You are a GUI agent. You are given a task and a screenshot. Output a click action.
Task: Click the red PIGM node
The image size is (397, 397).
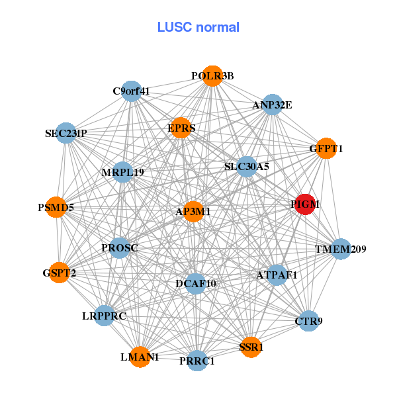pos(304,204)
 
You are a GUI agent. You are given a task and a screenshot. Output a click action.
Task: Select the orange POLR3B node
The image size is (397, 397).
pos(212,76)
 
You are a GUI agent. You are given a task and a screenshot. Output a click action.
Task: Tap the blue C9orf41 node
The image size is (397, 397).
pos(132,91)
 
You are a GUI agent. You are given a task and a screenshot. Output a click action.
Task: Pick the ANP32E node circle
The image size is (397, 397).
pos(273,105)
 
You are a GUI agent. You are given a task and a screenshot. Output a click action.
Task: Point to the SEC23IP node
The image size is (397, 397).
pos(66,133)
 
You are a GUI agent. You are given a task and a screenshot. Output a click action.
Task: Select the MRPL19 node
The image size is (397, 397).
pos(123,173)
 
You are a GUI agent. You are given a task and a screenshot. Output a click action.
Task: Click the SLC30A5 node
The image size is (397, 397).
pos(246,167)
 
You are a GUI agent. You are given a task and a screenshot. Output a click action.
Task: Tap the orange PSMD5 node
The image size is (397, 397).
pos(56,208)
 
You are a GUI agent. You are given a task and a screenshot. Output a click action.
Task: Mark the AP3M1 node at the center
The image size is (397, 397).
pos(193,212)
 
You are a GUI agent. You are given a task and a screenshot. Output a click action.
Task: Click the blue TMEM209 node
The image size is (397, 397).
pos(340,249)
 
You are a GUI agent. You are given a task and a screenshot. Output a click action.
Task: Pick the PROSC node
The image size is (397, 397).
pos(120,248)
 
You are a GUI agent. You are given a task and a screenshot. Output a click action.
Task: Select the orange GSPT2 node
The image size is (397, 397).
pos(60,273)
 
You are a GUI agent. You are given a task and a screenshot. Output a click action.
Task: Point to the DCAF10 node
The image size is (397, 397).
pos(195,284)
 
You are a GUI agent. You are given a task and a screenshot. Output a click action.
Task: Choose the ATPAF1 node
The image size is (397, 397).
pos(276,275)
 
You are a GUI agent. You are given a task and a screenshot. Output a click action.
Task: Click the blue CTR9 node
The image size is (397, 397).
pos(308,321)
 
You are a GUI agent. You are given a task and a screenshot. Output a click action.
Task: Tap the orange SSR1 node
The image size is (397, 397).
pos(251,347)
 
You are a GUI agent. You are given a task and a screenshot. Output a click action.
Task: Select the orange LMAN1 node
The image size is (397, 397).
pos(140,357)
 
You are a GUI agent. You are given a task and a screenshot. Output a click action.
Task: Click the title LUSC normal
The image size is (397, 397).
pos(198,27)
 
